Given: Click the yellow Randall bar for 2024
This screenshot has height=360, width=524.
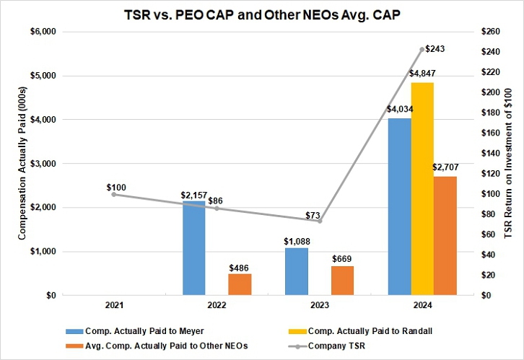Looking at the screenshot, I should [x=422, y=189].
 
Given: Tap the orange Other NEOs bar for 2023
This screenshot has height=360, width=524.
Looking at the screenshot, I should [x=342, y=280].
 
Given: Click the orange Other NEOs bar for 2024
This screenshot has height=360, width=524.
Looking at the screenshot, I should [x=445, y=235].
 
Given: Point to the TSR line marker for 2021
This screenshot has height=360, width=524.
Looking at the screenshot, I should [x=114, y=194].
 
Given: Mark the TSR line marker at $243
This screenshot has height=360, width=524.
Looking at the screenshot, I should [x=422, y=49].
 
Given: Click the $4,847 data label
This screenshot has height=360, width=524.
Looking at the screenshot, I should [x=422, y=74].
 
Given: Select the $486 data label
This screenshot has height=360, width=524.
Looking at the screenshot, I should [x=240, y=267].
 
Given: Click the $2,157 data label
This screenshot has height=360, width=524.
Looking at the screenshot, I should [x=194, y=195].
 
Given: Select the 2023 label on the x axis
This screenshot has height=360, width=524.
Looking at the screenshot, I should [x=320, y=306].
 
